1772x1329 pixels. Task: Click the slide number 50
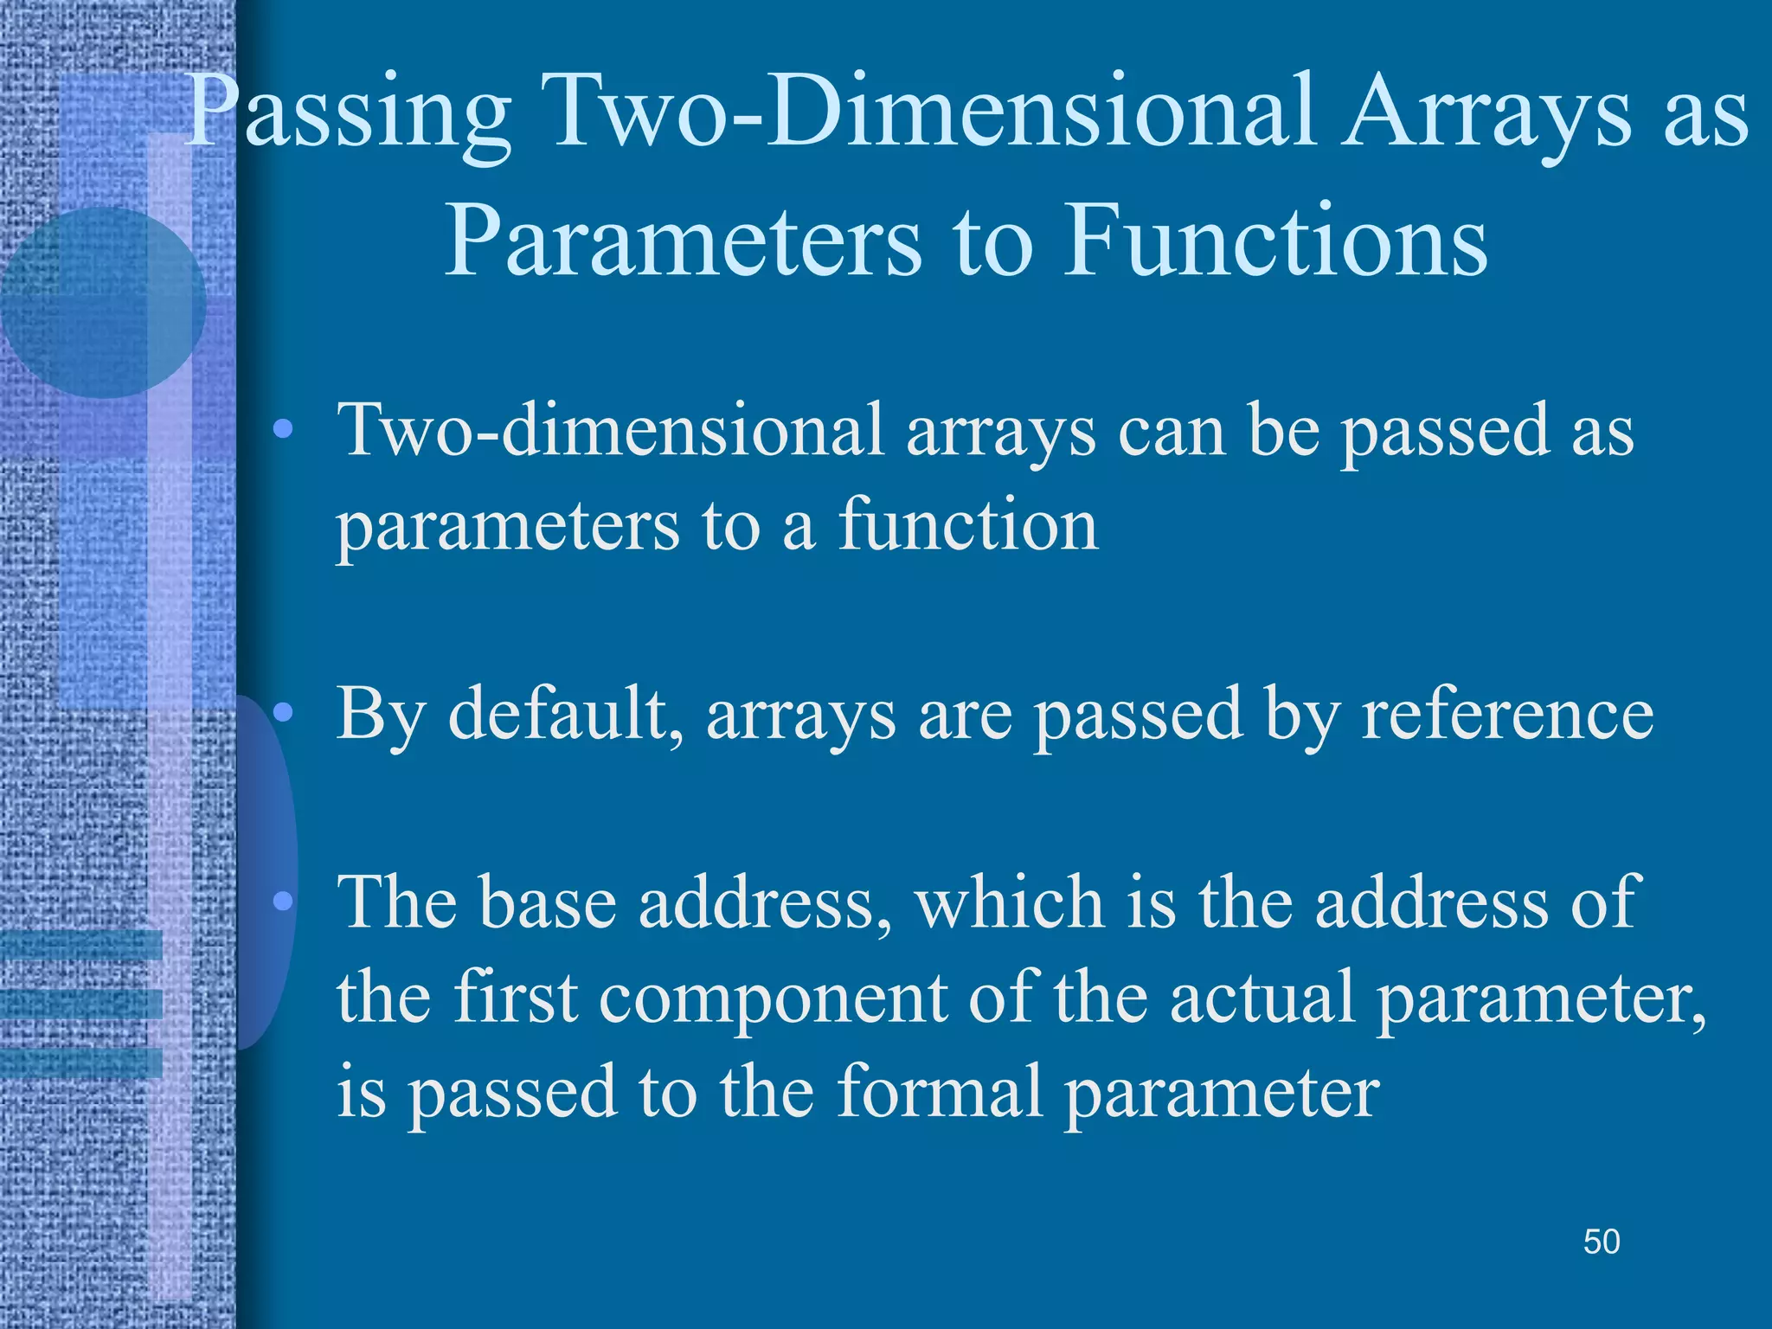(x=1601, y=1242)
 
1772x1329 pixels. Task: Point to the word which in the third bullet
(x=1009, y=902)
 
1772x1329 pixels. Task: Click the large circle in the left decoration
(x=104, y=303)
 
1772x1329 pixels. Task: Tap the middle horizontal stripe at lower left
(x=81, y=1004)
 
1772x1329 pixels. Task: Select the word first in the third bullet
(x=515, y=997)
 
